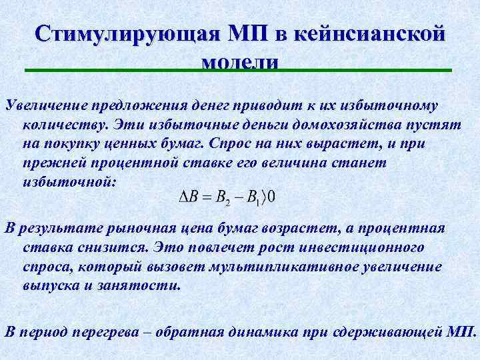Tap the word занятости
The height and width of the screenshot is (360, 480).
point(142,285)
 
